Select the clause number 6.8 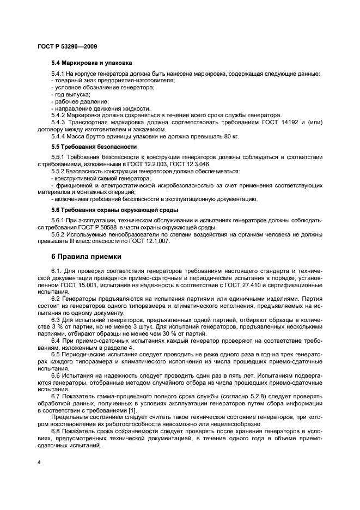pyautogui.click(x=56, y=432)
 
